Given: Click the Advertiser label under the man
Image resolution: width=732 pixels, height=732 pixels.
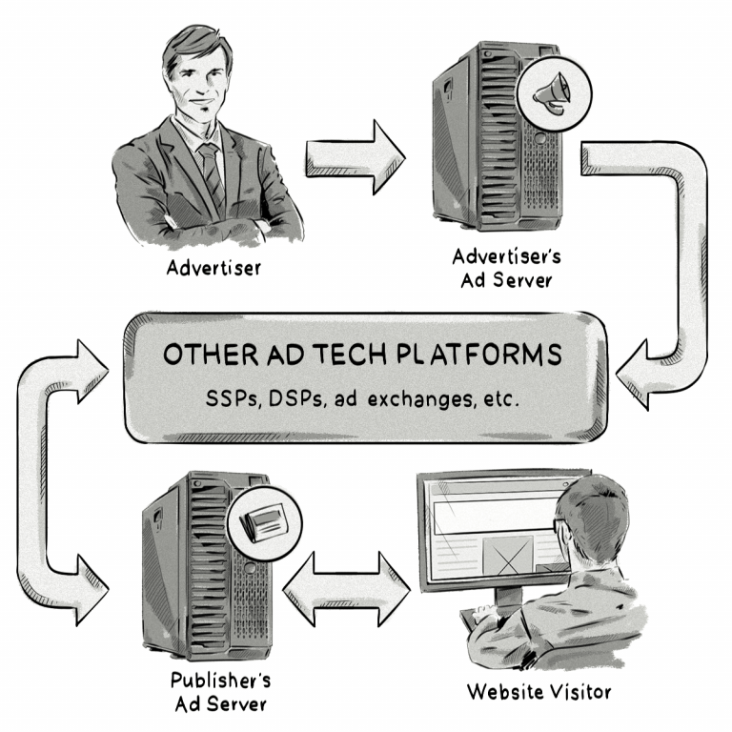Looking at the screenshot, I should tap(213, 268).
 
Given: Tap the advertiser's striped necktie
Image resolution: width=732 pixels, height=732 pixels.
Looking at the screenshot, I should tap(211, 172).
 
